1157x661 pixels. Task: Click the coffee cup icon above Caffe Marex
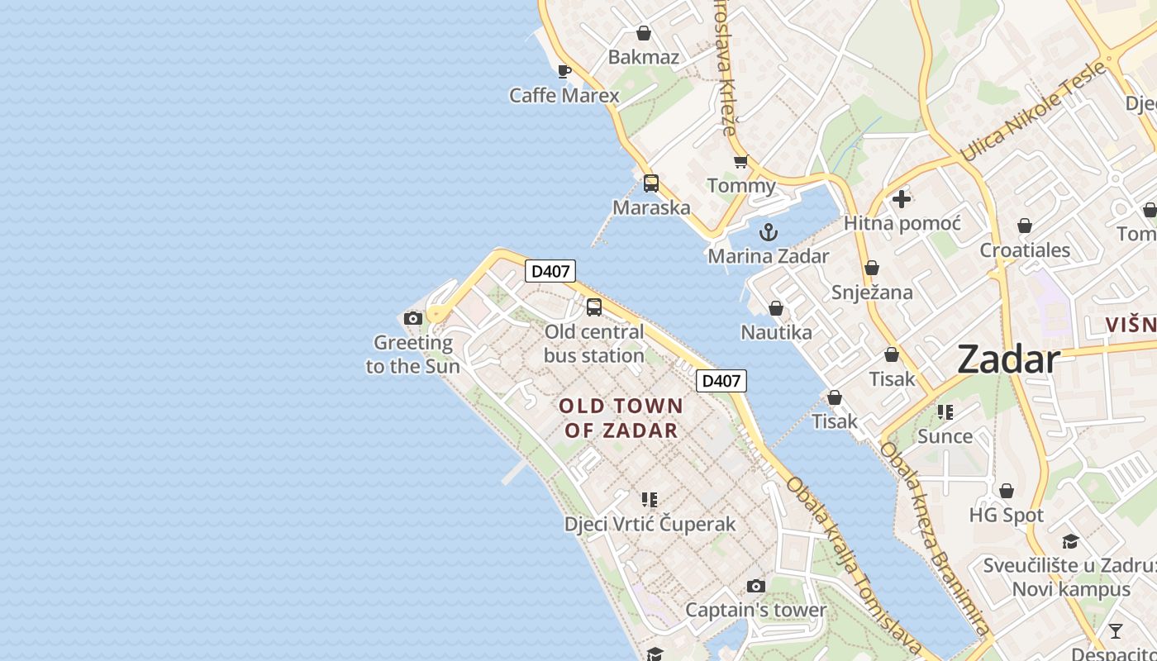click(564, 71)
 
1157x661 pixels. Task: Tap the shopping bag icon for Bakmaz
click(643, 34)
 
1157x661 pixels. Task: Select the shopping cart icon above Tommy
click(740, 162)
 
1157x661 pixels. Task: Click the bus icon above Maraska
click(651, 183)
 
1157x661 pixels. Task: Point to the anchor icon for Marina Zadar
click(769, 232)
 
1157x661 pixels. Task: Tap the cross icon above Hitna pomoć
click(902, 199)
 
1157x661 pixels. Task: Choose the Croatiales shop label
click(1025, 250)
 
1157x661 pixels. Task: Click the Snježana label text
click(872, 292)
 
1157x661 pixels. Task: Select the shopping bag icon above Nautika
click(776, 309)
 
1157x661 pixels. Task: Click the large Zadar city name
click(1008, 360)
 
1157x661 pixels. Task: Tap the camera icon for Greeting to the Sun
click(413, 319)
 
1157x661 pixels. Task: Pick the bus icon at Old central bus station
click(594, 307)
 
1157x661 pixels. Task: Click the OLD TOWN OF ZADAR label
click(621, 418)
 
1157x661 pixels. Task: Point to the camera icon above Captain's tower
click(756, 587)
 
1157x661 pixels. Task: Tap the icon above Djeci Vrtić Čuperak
click(650, 500)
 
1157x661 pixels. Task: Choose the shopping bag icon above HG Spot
click(1007, 492)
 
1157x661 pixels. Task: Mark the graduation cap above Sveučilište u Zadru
click(1070, 542)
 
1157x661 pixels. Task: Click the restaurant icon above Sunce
click(945, 412)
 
